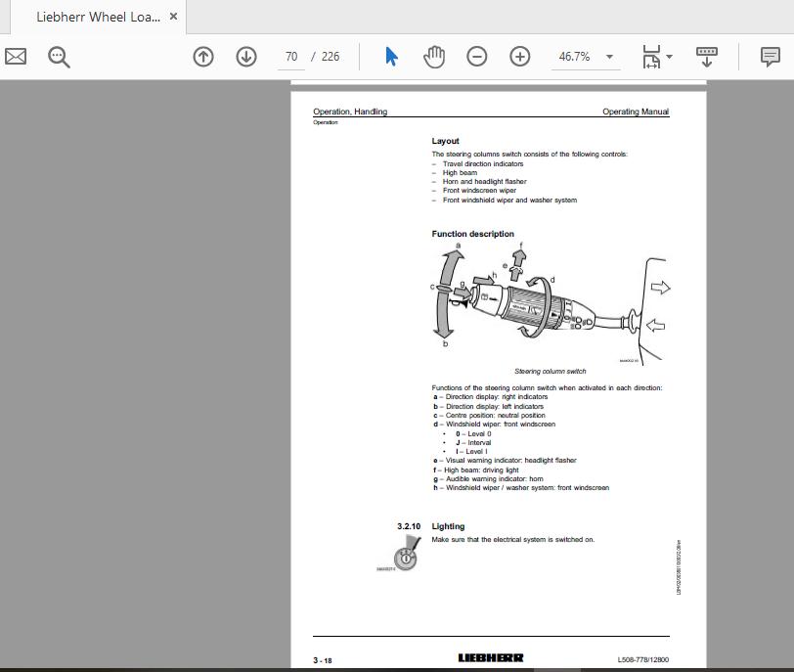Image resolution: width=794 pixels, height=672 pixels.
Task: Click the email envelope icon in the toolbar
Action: click(16, 57)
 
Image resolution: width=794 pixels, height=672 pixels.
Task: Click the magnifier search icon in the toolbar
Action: click(60, 57)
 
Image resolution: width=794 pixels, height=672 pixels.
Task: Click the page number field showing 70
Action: click(290, 57)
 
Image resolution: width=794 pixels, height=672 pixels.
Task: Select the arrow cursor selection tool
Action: click(391, 57)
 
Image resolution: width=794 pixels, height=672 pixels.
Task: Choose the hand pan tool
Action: click(433, 57)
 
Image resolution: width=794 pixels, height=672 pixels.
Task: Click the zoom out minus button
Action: click(476, 57)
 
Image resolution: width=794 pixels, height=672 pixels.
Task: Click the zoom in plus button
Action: click(519, 57)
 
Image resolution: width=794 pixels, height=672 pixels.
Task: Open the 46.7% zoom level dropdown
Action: click(587, 57)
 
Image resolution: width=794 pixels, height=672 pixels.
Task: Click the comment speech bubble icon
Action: click(771, 57)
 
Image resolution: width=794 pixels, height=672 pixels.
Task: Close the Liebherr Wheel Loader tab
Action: click(173, 17)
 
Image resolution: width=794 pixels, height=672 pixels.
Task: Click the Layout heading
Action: click(445, 141)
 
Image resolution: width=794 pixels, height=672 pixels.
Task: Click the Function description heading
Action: click(472, 234)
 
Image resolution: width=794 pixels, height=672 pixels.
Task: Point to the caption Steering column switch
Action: click(550, 372)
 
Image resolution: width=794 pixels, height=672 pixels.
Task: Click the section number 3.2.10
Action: click(409, 526)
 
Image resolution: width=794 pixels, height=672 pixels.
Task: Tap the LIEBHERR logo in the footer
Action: click(491, 659)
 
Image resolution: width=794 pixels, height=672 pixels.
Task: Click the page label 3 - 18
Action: click(323, 660)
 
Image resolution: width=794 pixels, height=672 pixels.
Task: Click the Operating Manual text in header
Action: click(636, 112)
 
